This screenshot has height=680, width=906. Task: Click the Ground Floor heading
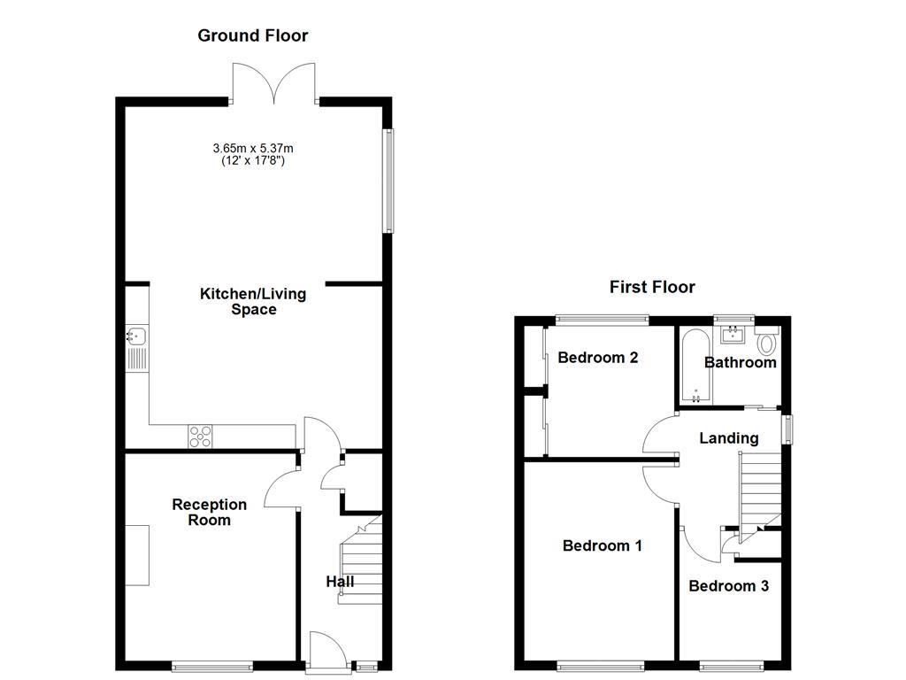pyautogui.click(x=252, y=36)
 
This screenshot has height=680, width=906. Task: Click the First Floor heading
pyautogui.click(x=652, y=287)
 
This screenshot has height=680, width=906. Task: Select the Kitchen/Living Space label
pyautogui.click(x=253, y=302)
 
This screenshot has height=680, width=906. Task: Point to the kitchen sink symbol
pyautogui.click(x=136, y=336)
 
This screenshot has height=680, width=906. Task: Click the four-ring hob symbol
pyautogui.click(x=200, y=436)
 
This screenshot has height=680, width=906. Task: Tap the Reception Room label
pyautogui.click(x=210, y=512)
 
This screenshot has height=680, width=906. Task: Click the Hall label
pyautogui.click(x=340, y=582)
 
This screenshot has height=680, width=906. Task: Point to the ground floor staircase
pyautogui.click(x=361, y=562)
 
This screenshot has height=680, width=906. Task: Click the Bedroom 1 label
pyautogui.click(x=603, y=546)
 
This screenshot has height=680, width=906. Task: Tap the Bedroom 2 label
pyautogui.click(x=598, y=359)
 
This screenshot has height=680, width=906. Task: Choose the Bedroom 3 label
pyautogui.click(x=728, y=586)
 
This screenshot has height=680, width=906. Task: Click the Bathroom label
pyautogui.click(x=741, y=362)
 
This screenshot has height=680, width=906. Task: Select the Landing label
pyautogui.click(x=728, y=438)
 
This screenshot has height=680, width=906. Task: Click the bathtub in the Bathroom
pyautogui.click(x=695, y=367)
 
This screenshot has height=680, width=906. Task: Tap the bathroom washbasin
pyautogui.click(x=733, y=334)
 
